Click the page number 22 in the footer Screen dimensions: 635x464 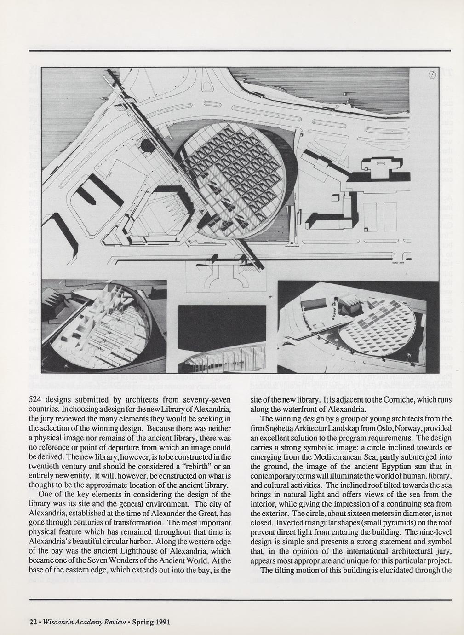tap(33, 623)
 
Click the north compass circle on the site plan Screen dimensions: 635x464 tap(432, 75)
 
